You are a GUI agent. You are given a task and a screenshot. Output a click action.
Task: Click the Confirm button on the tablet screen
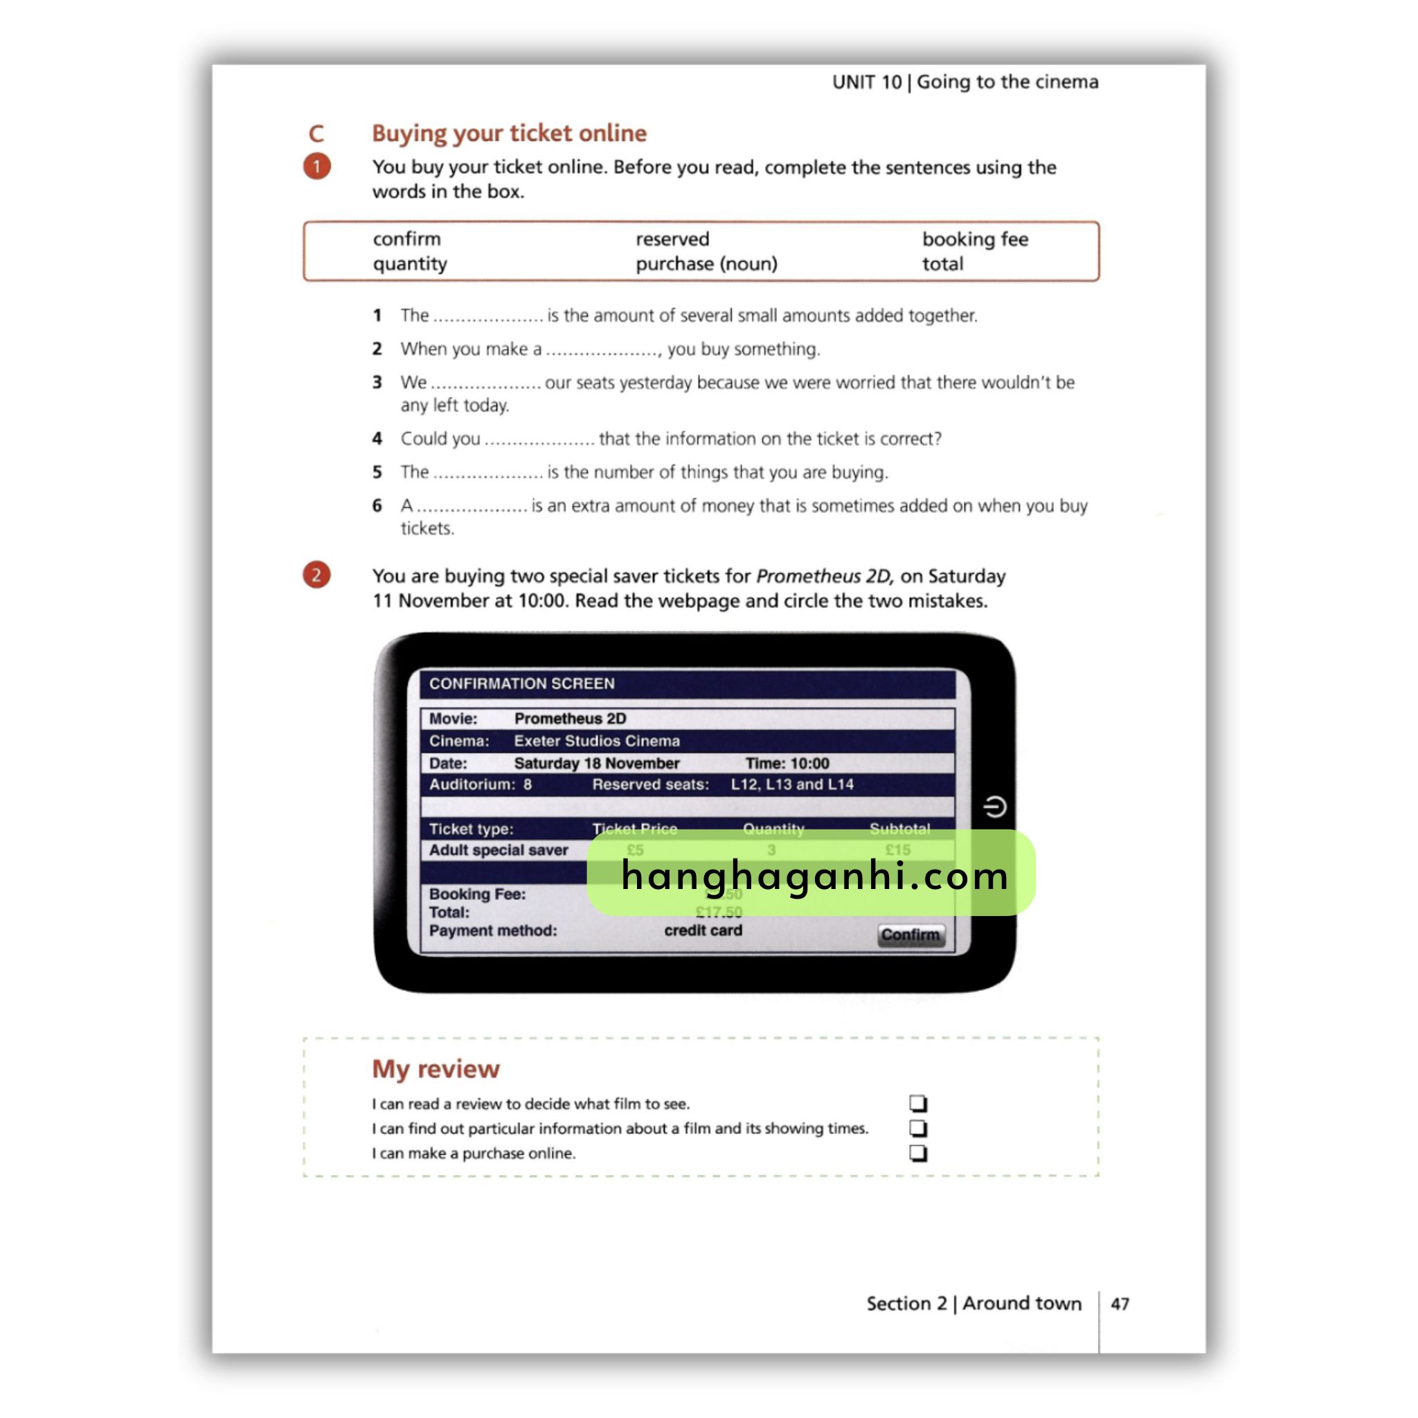click(911, 934)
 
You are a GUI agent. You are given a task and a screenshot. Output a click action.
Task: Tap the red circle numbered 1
click(317, 167)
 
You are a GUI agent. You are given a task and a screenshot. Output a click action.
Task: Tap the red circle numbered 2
click(317, 575)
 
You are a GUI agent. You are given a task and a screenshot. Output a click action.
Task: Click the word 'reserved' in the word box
click(672, 240)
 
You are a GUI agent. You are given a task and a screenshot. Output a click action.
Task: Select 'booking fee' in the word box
click(975, 240)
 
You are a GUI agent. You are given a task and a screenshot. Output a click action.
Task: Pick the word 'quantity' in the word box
click(410, 264)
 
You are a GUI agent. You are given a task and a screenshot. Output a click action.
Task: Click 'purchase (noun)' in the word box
click(706, 264)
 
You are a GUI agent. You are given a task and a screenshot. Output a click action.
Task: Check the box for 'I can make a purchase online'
click(918, 1153)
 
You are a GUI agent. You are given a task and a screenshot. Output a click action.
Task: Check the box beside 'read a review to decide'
click(918, 1103)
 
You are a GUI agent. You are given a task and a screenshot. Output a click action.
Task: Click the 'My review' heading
click(436, 1068)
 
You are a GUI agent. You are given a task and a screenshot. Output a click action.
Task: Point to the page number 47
click(1120, 1304)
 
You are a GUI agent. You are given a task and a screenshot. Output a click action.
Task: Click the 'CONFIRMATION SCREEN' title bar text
click(522, 683)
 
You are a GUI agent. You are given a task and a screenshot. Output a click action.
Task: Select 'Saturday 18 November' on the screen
click(596, 763)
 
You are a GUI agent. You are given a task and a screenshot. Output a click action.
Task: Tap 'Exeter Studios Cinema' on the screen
click(596, 741)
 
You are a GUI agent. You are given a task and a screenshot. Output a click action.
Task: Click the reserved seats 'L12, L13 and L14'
click(792, 784)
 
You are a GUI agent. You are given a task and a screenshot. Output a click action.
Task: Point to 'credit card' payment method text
click(703, 930)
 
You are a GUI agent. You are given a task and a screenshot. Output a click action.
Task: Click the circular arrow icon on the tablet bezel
click(994, 807)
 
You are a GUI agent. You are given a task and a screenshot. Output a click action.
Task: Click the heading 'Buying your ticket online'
click(509, 134)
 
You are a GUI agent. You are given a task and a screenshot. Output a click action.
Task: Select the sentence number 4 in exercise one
click(377, 439)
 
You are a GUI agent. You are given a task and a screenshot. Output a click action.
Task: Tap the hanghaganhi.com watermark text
click(814, 876)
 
